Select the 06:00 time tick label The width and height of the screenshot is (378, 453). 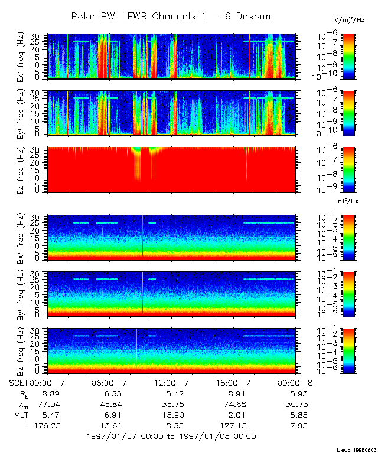tap(108, 383)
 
